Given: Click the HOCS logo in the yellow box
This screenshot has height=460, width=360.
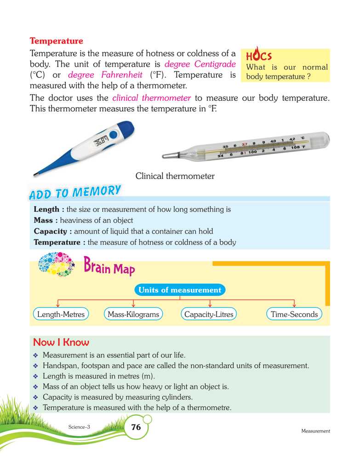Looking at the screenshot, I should pos(259,55).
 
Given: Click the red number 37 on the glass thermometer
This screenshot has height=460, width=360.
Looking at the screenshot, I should pos(245,144).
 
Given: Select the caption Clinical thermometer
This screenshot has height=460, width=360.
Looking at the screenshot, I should pos(175,176).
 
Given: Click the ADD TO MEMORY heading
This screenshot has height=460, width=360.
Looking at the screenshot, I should pos(75,192).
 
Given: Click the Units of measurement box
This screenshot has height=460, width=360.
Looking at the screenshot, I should pos(180,290).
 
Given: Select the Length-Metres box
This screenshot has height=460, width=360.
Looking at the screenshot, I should pos(61,315).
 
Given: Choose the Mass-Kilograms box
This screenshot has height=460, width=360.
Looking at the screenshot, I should pos(133,315).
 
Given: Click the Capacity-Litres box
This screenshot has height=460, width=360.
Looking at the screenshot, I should pos(209,315).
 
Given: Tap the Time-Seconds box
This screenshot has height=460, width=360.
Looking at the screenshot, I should pos(294,315).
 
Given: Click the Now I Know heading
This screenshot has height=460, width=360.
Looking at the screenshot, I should pos(61,343).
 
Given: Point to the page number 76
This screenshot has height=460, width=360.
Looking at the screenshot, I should pos(136,427).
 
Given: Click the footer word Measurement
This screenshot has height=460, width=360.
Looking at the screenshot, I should pos(316,431).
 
